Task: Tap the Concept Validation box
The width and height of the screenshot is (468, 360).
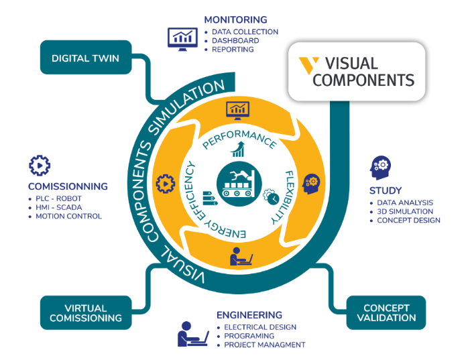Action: [386, 312]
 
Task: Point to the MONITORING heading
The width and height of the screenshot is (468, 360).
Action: [235, 19]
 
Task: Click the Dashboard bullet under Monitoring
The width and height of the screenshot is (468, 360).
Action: [235, 40]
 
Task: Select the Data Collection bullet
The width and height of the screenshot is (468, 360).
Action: [245, 32]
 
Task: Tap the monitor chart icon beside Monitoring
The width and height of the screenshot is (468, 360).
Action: [182, 37]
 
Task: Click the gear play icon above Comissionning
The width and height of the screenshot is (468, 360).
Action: [40, 165]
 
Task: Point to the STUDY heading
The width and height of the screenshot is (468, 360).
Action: [386, 190]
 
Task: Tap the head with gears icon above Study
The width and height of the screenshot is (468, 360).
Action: [381, 166]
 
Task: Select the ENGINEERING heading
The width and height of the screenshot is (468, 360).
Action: [249, 314]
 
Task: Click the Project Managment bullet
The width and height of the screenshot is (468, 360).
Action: [265, 345]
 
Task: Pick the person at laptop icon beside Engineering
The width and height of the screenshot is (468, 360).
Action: [192, 334]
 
